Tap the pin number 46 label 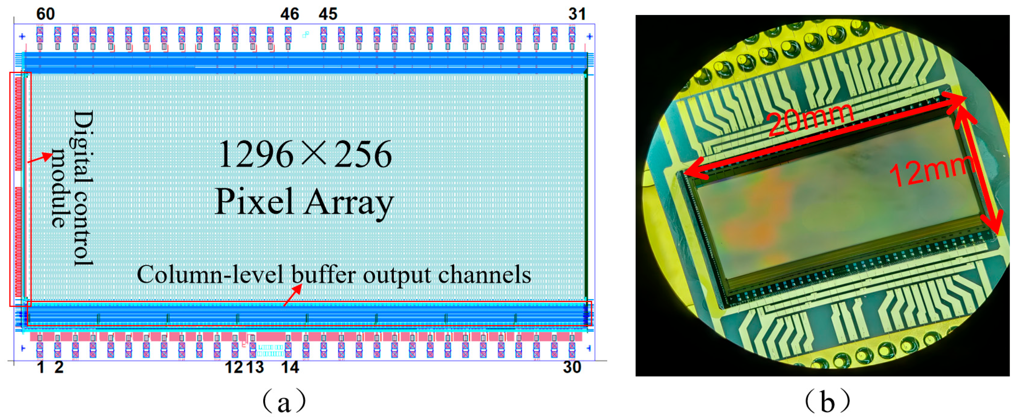pyautogui.click(x=290, y=14)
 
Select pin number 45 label pyautogui.click(x=328, y=14)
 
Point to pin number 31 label pyautogui.click(x=577, y=14)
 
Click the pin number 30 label pyautogui.click(x=572, y=367)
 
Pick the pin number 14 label pyautogui.click(x=290, y=367)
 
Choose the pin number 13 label pyautogui.click(x=255, y=367)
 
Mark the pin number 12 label pyautogui.click(x=233, y=367)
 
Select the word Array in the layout pyautogui.click(x=348, y=202)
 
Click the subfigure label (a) pyautogui.click(x=284, y=402)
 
